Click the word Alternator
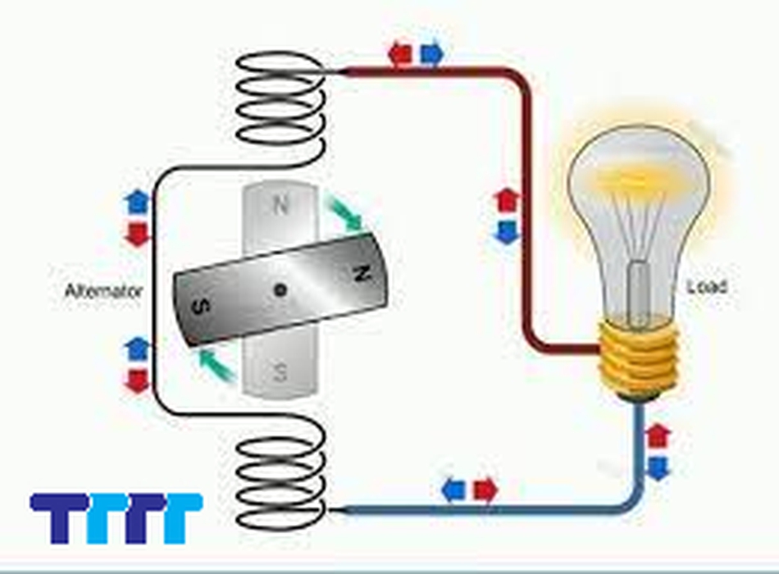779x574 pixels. coord(104,291)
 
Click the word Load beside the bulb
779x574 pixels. coord(708,287)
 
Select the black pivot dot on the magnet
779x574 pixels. coord(280,289)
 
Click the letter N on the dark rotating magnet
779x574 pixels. coord(358,275)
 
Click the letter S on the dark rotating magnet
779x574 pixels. coord(199,307)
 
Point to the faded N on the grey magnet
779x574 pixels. coord(280,205)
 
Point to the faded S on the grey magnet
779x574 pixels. coord(280,374)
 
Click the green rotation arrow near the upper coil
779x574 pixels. coord(344,212)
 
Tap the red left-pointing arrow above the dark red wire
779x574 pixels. coord(400,54)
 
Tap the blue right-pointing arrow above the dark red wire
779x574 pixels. coord(431,54)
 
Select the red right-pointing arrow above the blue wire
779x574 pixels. coord(485,490)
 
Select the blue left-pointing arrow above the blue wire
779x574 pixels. coord(453,490)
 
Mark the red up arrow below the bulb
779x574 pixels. coord(658,435)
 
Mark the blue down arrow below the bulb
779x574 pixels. coord(658,467)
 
